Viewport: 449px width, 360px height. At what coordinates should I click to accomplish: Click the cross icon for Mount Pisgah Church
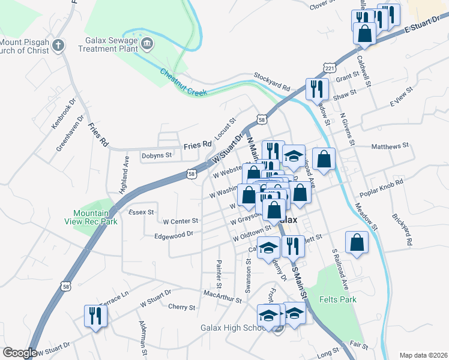pos(58,45)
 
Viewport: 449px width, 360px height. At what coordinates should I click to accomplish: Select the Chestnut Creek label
pos(183,83)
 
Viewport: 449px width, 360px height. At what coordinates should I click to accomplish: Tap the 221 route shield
pos(329,68)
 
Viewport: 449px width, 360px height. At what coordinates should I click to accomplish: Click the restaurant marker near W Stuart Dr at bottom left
pos(95,315)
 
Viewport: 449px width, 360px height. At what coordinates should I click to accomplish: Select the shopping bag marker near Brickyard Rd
pos(357,243)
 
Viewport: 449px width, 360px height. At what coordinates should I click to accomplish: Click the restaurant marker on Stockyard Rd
pos(315,89)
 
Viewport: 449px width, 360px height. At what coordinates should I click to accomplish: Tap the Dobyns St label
pos(157,155)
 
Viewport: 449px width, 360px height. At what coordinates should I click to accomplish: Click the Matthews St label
pos(390,146)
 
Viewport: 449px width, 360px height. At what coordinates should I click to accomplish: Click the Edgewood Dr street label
pos(173,235)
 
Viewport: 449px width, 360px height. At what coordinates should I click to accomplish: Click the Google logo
pos(19,353)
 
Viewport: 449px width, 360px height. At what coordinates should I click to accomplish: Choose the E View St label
pos(402,100)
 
